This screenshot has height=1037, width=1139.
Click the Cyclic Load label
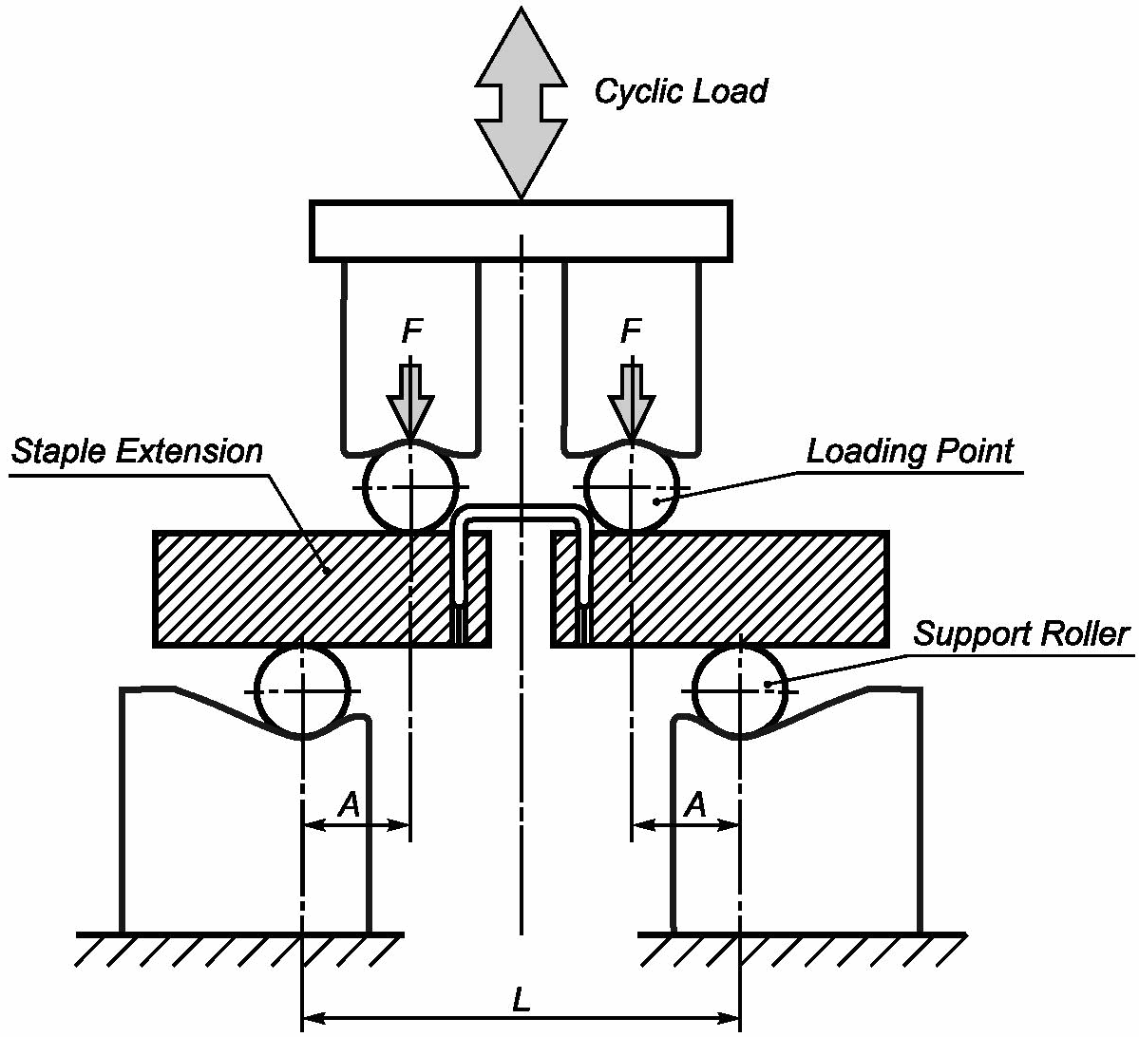click(x=680, y=92)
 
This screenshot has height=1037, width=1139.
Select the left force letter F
click(x=411, y=331)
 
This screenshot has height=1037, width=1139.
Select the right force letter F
click(x=631, y=331)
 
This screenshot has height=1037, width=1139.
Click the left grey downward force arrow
click(x=410, y=399)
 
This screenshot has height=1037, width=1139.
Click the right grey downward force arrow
click(x=632, y=399)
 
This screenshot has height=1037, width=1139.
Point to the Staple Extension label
click(x=137, y=451)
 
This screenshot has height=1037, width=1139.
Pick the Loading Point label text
click(x=910, y=451)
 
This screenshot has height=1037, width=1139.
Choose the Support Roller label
click(x=1021, y=633)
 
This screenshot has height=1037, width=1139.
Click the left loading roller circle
click(x=411, y=487)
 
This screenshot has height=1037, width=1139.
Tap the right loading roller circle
click(x=632, y=487)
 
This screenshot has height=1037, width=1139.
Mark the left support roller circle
click(x=302, y=690)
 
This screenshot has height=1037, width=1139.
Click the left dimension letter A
click(x=351, y=805)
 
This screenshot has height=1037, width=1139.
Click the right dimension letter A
click(x=696, y=805)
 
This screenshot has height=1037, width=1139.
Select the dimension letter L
click(x=521, y=1000)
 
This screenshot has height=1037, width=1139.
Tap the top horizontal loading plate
click(x=521, y=231)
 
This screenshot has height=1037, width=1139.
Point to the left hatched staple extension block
click(x=285, y=589)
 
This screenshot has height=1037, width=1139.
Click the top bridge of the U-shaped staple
click(x=521, y=513)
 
